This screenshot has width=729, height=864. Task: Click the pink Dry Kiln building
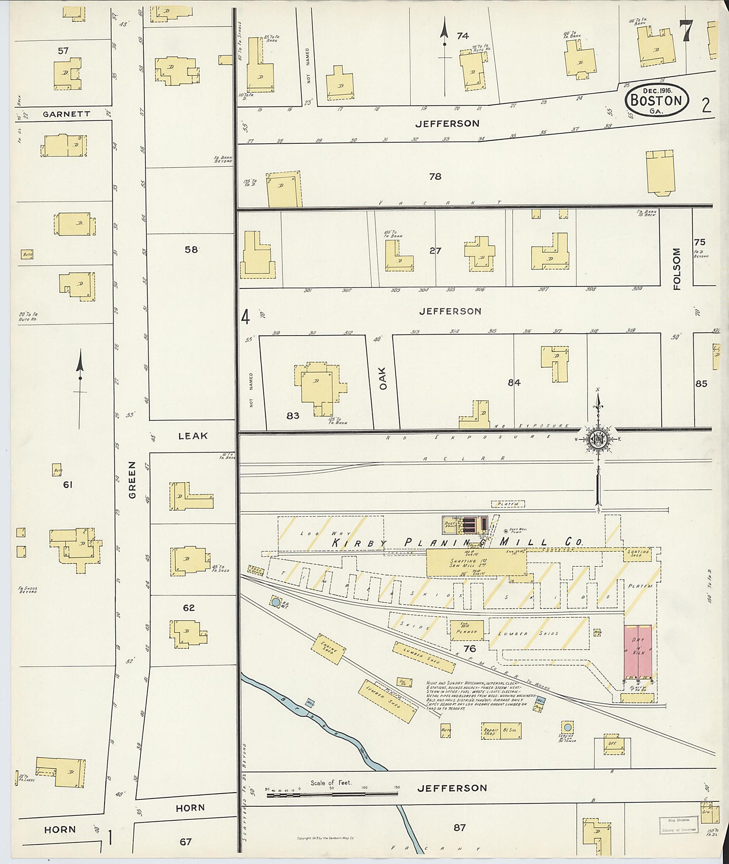tap(638, 653)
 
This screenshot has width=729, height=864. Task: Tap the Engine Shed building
tap(329, 648)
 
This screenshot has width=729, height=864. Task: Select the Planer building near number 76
tap(467, 630)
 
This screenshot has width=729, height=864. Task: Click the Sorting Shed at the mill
tap(637, 553)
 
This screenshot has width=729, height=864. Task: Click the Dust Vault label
tap(450, 525)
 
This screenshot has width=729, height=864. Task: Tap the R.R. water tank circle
tap(276, 602)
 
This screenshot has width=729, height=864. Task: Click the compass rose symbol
tap(598, 439)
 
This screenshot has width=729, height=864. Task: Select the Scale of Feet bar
tap(332, 795)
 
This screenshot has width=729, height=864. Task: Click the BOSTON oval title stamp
tap(656, 101)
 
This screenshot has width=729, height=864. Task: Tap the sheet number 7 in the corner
tap(685, 31)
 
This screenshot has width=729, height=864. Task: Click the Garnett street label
tap(67, 114)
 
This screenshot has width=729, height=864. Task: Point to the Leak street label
tap(192, 436)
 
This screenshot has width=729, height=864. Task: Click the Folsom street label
tap(677, 269)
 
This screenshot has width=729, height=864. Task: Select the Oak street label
tap(382, 378)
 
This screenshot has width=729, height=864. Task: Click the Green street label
tap(132, 480)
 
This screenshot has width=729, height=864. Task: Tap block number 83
tap(293, 416)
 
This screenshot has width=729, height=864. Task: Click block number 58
tap(191, 250)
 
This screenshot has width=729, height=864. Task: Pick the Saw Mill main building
tap(475, 562)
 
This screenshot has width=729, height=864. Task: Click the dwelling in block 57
tap(68, 74)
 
